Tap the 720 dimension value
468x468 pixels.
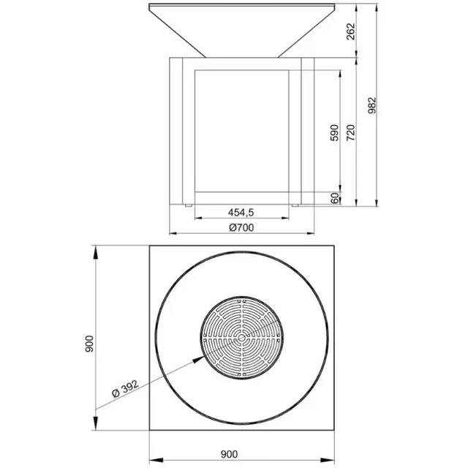coord(352,132)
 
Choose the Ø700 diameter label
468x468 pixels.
coord(241,227)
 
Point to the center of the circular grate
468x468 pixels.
coord(240,339)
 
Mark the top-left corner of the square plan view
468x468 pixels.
coord(149,246)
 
